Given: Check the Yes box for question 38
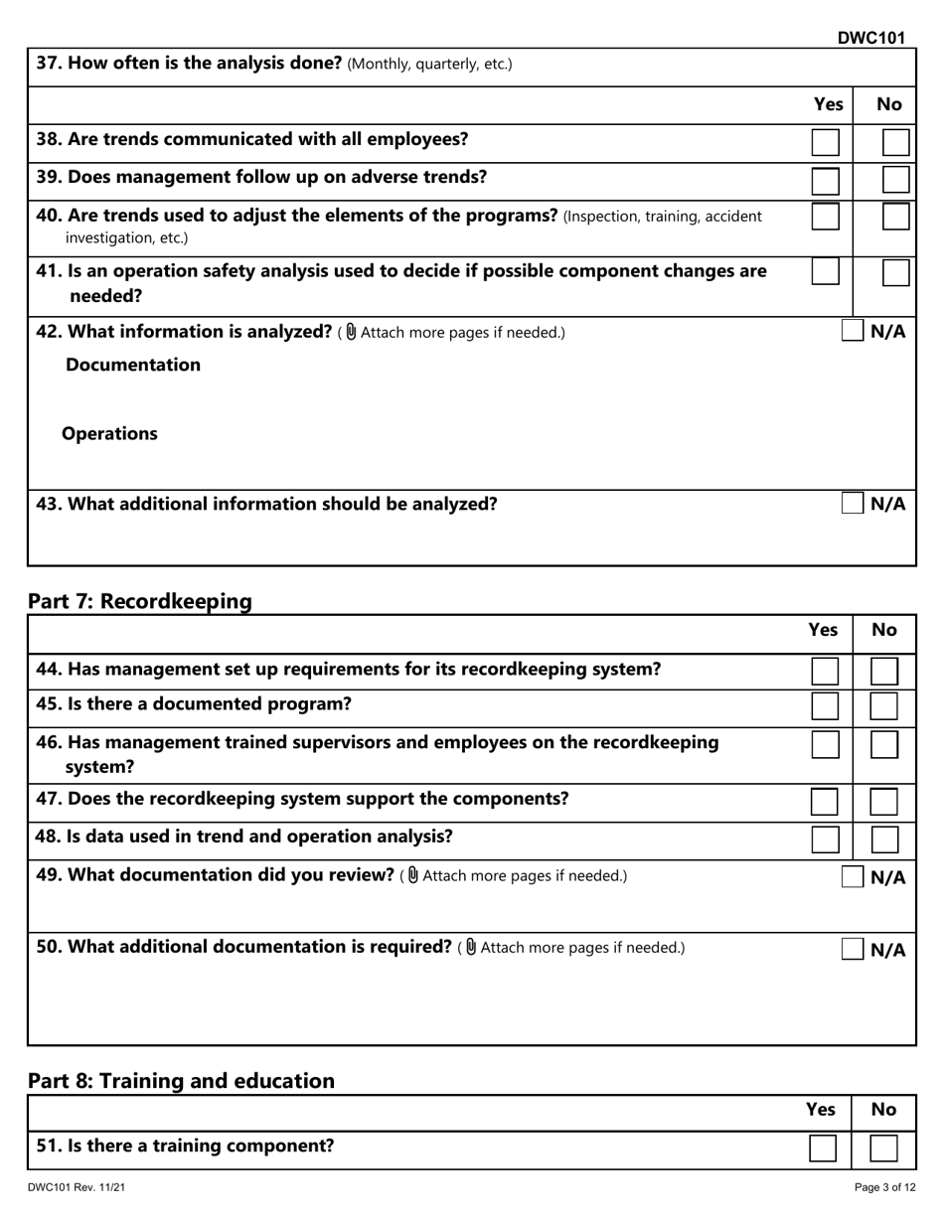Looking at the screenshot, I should click(825, 142).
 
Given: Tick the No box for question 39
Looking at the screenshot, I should click(895, 180).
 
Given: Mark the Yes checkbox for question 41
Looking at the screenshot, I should click(825, 272).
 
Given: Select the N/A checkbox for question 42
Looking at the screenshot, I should click(852, 331).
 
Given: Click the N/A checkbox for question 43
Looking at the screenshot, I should click(852, 503).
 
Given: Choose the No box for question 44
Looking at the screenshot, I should click(883, 671).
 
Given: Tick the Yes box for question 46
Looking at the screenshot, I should click(825, 744).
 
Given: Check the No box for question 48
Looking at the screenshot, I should click(883, 840).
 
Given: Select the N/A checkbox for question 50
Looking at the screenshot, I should click(852, 949).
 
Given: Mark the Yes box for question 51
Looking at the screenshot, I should click(823, 1148).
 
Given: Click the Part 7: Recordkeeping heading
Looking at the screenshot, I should click(140, 601).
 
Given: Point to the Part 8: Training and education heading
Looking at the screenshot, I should click(181, 1080).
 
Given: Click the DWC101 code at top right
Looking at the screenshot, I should click(870, 38).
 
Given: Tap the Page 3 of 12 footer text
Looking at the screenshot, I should click(884, 1187).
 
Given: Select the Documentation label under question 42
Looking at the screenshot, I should click(133, 365).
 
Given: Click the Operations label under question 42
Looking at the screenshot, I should click(109, 434).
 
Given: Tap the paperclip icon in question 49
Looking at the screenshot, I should click(413, 875).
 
